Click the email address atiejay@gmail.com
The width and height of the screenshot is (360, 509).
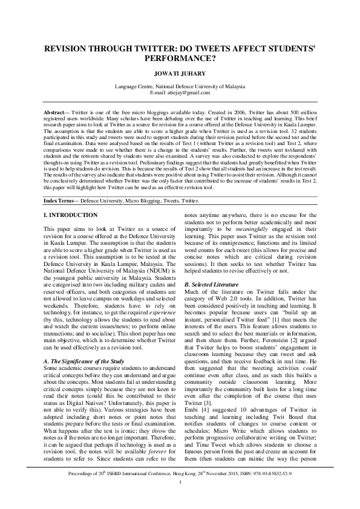coord(189,92)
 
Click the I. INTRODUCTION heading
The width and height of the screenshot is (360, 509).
coord(70,215)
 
